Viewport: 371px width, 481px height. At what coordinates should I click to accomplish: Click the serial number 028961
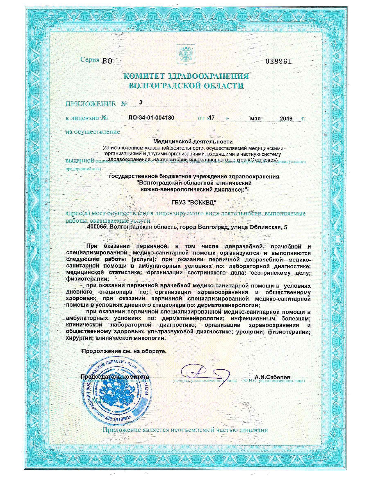[278, 61]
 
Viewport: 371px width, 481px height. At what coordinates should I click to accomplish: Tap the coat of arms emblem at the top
[185, 54]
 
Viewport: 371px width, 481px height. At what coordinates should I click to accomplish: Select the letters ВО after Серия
[107, 61]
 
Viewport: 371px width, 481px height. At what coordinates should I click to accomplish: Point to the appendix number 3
[141, 102]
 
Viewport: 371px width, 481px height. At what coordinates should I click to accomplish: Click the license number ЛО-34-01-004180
[151, 118]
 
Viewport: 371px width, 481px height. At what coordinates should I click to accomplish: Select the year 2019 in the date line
[286, 119]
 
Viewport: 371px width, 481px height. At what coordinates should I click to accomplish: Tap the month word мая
[255, 119]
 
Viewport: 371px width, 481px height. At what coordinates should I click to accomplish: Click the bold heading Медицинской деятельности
[193, 142]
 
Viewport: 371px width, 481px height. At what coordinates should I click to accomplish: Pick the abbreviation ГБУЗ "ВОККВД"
[194, 202]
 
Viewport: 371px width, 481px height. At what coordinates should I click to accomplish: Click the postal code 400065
[97, 227]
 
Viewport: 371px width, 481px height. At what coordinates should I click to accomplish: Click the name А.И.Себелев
[272, 377]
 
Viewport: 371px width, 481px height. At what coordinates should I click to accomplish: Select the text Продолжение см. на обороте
[124, 351]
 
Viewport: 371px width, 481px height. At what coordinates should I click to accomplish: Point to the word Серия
[90, 60]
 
